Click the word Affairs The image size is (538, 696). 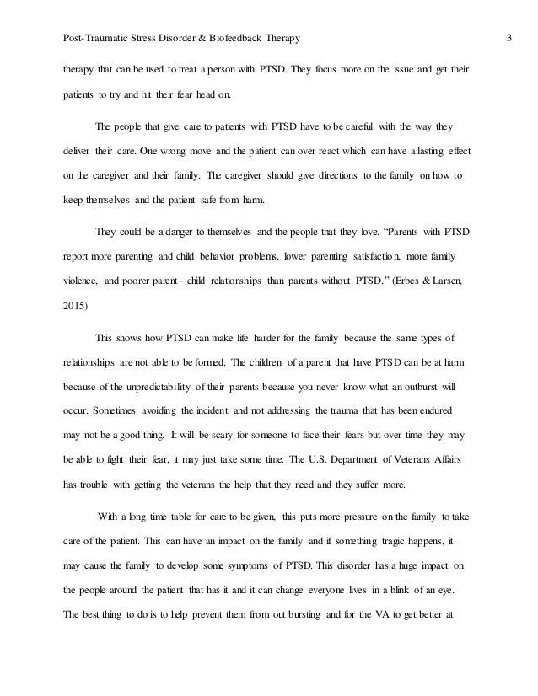463,462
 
